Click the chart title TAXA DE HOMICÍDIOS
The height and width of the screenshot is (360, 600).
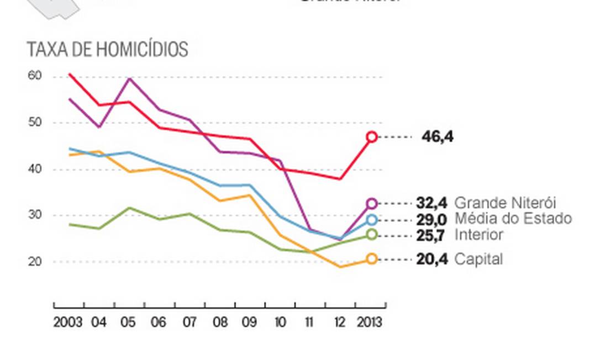coord(107,50)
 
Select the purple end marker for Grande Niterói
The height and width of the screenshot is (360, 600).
coord(372,204)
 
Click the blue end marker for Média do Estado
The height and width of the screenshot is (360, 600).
coord(372,220)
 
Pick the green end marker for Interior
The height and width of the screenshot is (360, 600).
coord(372,235)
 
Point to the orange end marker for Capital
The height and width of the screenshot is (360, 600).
coord(372,258)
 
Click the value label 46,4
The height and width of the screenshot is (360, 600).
coord(438,136)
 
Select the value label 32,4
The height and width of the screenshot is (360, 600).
coord(432,203)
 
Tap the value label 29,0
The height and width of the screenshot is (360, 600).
coord(432,219)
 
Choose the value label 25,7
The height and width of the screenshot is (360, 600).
coord(432,235)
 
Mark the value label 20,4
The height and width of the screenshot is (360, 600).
coord(432,258)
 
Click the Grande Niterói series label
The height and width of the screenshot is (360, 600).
coord(505,203)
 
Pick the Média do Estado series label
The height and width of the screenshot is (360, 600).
coord(513,219)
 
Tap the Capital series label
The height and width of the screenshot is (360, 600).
coord(478,258)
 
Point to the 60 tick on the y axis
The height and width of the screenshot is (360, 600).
coord(34,76)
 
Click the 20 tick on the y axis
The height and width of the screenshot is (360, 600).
coord(34,261)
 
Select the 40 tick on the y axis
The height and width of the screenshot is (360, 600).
coord(34,169)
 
